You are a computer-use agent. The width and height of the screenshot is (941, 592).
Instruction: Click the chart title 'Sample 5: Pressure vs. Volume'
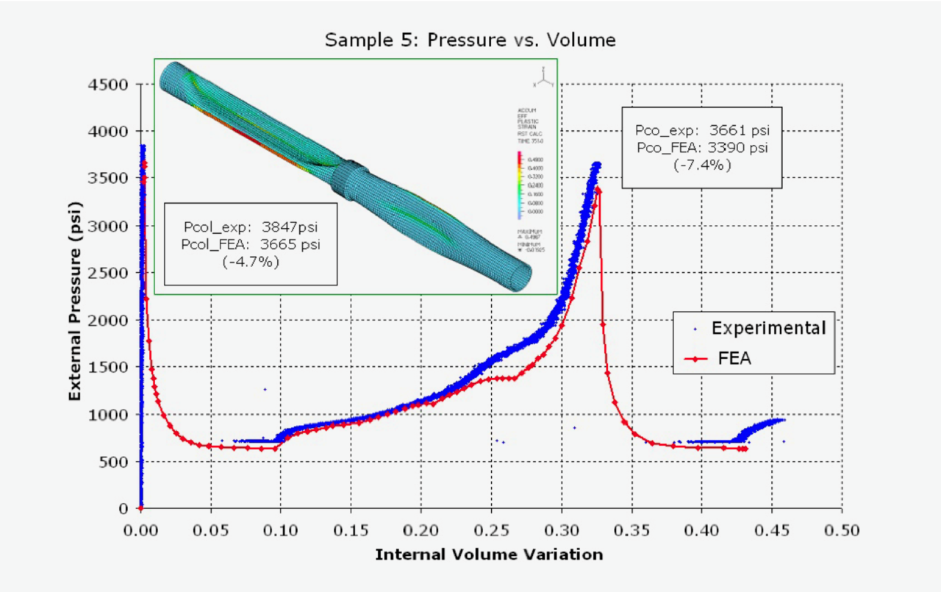point(470,40)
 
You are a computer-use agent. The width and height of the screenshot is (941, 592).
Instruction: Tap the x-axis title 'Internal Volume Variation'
point(489,554)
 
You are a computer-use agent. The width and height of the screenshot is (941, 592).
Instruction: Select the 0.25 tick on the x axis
point(491,529)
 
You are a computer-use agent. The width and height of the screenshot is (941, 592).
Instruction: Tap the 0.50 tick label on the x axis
point(842,529)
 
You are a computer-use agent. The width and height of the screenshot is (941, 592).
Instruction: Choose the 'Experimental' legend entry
point(768,328)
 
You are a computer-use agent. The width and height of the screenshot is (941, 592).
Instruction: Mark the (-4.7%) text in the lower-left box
point(250,261)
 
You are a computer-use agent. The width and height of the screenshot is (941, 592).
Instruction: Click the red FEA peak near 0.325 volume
point(598,189)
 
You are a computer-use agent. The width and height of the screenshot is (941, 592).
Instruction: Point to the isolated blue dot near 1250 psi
point(265,389)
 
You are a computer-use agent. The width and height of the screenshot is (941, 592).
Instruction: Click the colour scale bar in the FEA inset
point(520,184)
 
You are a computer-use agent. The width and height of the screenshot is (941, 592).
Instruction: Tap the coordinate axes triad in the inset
point(542,76)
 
